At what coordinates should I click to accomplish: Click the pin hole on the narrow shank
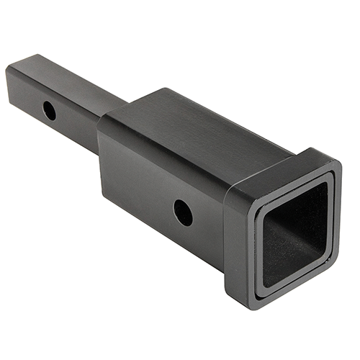[x=49, y=110]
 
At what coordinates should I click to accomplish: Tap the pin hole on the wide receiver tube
[x=183, y=212]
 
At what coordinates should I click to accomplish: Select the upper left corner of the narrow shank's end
[x=9, y=68]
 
